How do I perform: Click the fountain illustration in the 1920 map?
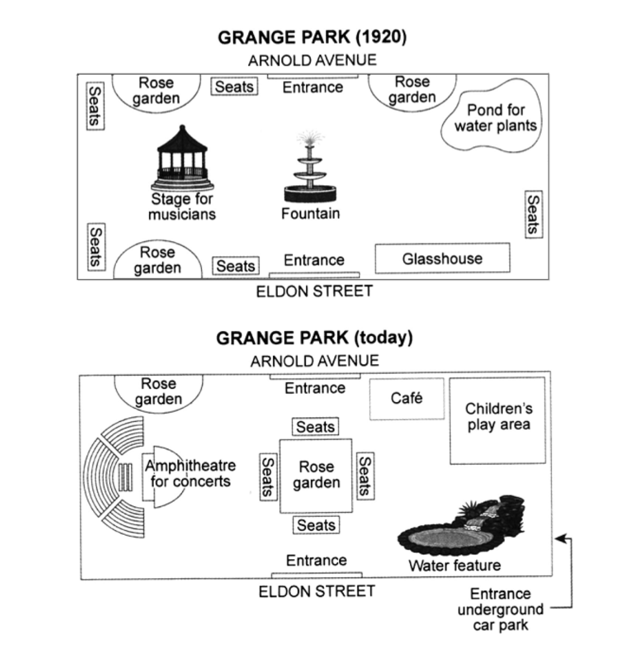pyautogui.click(x=310, y=174)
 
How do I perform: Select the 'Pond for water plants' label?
pyautogui.click(x=495, y=118)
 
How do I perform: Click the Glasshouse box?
pyautogui.click(x=442, y=258)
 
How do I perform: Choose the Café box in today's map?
pyautogui.click(x=407, y=398)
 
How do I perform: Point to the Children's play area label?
pyautogui.click(x=498, y=417)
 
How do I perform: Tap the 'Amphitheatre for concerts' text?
pyautogui.click(x=190, y=473)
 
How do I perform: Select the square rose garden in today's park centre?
pyautogui.click(x=316, y=475)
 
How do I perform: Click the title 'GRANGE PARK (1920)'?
pyautogui.click(x=312, y=37)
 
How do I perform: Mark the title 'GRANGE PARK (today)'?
pyautogui.click(x=314, y=338)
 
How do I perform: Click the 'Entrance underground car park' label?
pyautogui.click(x=500, y=610)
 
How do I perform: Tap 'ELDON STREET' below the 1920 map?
pyautogui.click(x=314, y=291)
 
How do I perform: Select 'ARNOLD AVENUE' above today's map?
pyautogui.click(x=314, y=361)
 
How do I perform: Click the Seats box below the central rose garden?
pyautogui.click(x=316, y=525)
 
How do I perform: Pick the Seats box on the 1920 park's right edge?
pyautogui.click(x=533, y=214)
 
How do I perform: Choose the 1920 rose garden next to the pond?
pyautogui.click(x=412, y=90)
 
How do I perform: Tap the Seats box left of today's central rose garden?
pyautogui.click(x=267, y=477)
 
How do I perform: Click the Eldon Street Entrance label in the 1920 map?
pyautogui.click(x=314, y=260)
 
